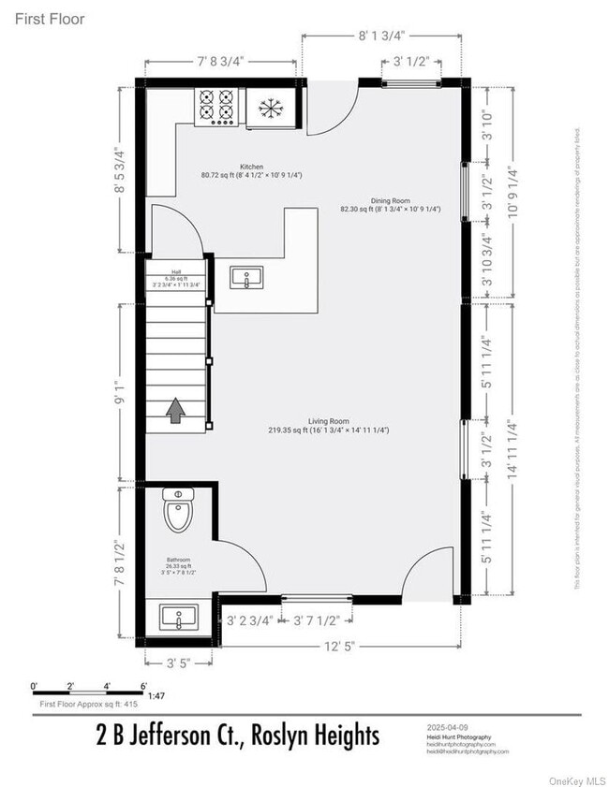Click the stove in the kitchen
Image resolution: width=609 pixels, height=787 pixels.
pyautogui.click(x=216, y=107)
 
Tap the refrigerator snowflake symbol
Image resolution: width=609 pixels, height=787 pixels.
pyautogui.click(x=270, y=108)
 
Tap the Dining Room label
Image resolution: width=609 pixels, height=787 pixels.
pyautogui.click(x=390, y=200)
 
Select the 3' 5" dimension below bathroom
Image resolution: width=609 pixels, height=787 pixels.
pyautogui.click(x=178, y=663)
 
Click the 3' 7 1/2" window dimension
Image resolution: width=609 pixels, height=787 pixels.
pyautogui.click(x=317, y=619)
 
